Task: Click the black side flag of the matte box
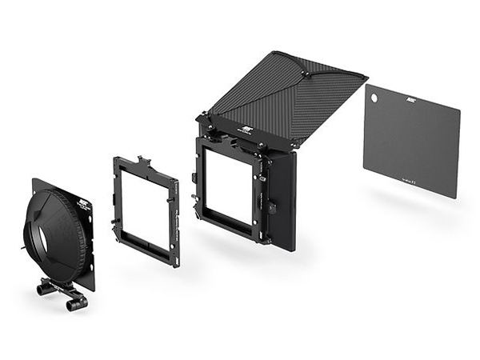282,200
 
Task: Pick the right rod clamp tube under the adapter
76,303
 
